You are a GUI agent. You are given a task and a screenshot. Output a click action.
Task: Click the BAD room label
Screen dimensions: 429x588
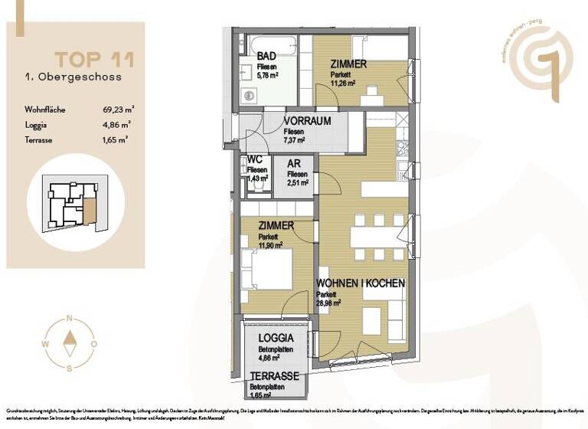coord(266,57)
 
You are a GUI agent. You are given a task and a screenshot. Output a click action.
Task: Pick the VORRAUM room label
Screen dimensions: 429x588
coord(306,122)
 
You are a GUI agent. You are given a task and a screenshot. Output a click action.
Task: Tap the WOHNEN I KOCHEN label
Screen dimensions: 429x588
coord(361,283)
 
